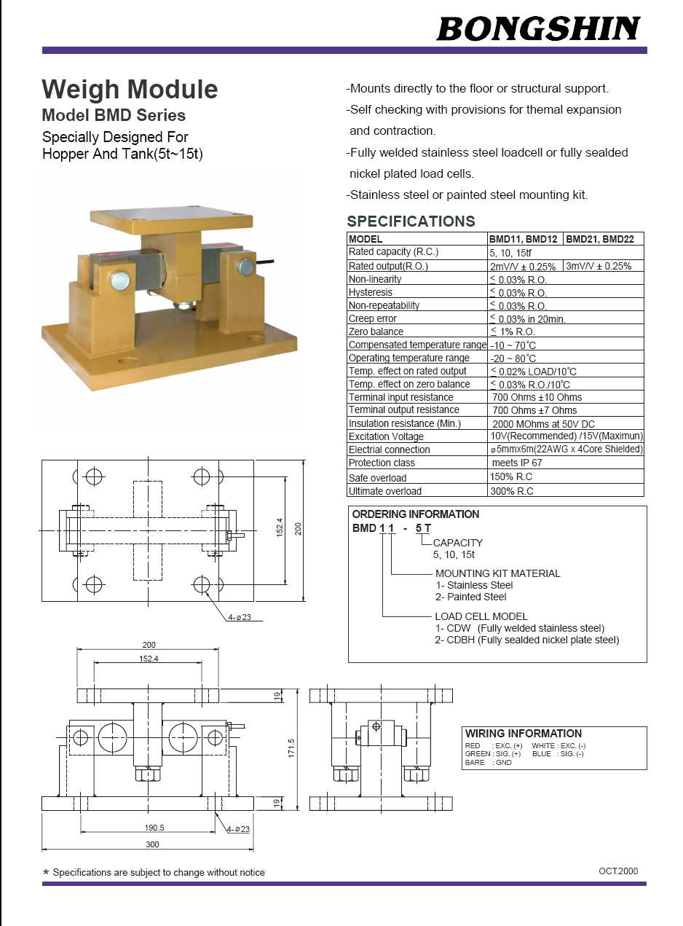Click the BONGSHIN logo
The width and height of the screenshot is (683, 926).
538,28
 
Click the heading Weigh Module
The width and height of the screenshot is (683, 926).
130,90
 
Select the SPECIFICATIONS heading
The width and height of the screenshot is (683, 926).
411,221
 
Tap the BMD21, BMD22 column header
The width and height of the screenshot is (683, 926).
599,239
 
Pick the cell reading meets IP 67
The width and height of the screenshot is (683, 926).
517,463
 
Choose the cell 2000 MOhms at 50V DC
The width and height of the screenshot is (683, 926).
543,423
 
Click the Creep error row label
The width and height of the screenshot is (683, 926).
373,318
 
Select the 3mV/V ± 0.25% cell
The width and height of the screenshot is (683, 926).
599,266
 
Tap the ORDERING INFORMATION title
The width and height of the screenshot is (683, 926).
416,514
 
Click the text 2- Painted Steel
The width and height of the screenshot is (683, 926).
471,597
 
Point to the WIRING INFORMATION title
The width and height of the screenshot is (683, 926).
524,734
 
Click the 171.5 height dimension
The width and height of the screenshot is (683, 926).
291,748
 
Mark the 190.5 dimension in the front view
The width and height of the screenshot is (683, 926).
154,828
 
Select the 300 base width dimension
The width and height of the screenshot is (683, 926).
152,844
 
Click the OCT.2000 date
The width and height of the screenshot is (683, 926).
618,871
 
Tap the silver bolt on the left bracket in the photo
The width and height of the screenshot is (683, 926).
120,280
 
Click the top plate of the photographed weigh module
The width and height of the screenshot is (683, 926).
171,216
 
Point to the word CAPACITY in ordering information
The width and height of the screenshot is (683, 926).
457,543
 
